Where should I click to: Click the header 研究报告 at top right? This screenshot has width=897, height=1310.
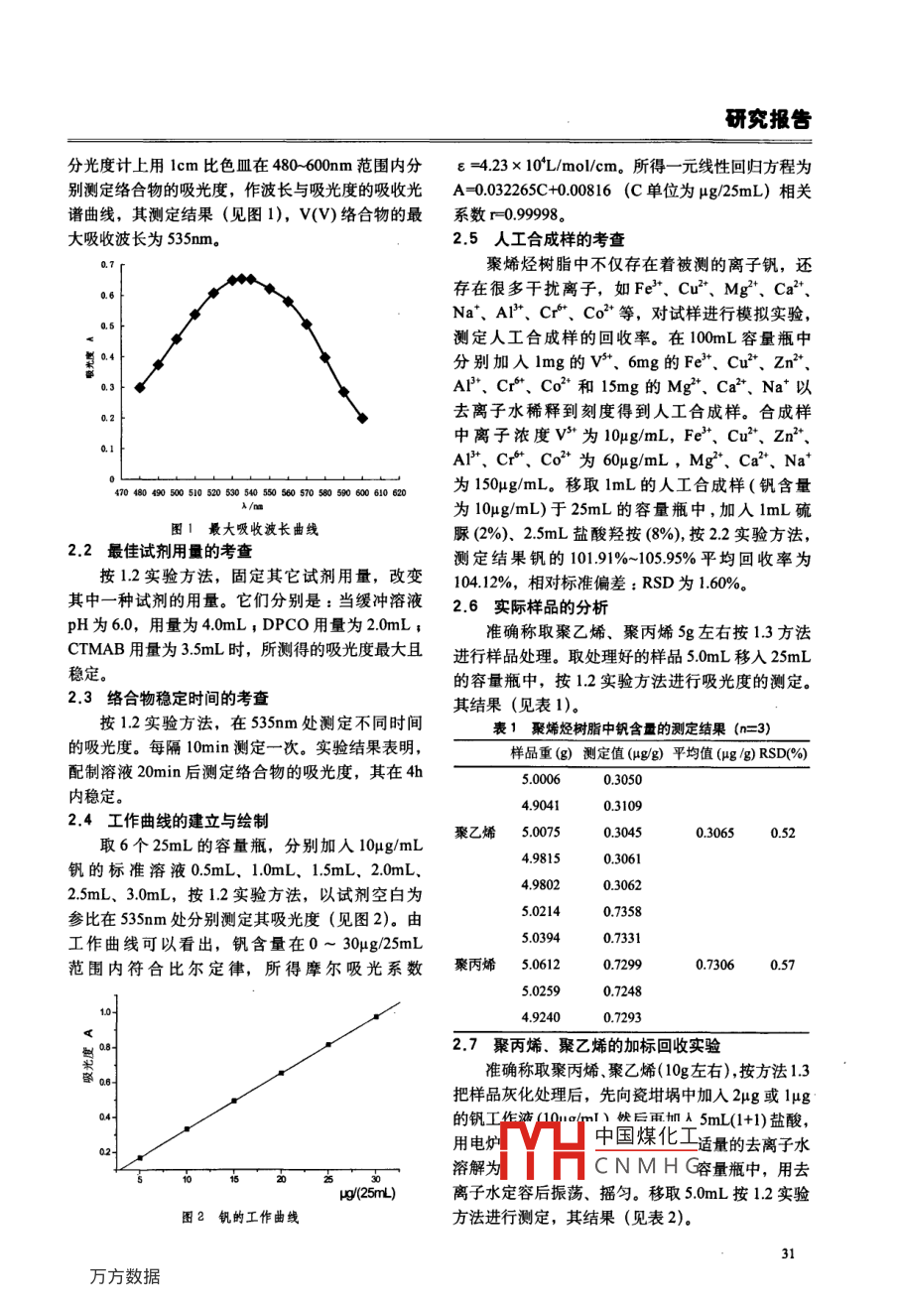click(767, 119)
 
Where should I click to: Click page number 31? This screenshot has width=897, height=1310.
click(788, 1252)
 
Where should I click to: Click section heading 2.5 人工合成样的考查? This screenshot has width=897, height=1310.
click(539, 239)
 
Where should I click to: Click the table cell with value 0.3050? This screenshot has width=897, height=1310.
click(622, 780)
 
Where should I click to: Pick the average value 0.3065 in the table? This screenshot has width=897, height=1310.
click(714, 833)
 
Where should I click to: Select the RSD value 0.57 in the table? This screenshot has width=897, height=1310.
click(782, 964)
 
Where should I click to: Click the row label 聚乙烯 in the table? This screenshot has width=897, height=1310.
click(475, 833)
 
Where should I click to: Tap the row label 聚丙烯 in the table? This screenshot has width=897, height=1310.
click(475, 964)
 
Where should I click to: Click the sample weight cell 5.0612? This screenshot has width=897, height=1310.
click(540, 964)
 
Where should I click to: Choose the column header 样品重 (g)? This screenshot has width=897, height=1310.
click(541, 753)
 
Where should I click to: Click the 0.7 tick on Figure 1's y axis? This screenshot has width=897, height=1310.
click(109, 265)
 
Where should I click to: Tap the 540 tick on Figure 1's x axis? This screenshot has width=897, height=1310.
click(251, 492)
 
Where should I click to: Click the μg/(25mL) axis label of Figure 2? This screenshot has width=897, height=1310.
click(367, 1193)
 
